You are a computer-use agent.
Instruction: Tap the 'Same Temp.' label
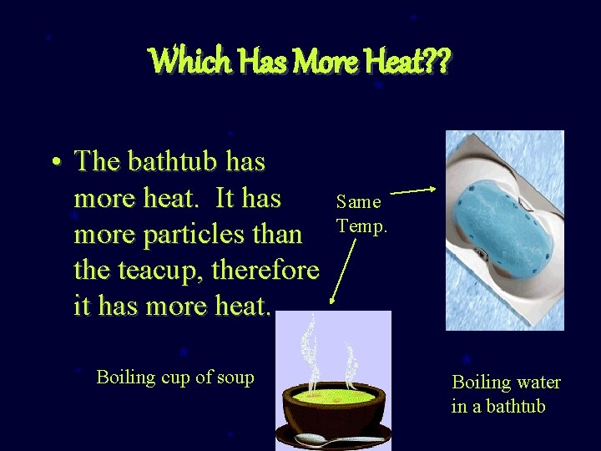coord(360,214)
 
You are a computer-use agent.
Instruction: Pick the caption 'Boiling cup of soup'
coord(175,378)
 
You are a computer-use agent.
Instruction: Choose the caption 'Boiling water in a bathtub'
coord(506,394)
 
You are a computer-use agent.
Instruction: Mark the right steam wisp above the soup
coord(350,355)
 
